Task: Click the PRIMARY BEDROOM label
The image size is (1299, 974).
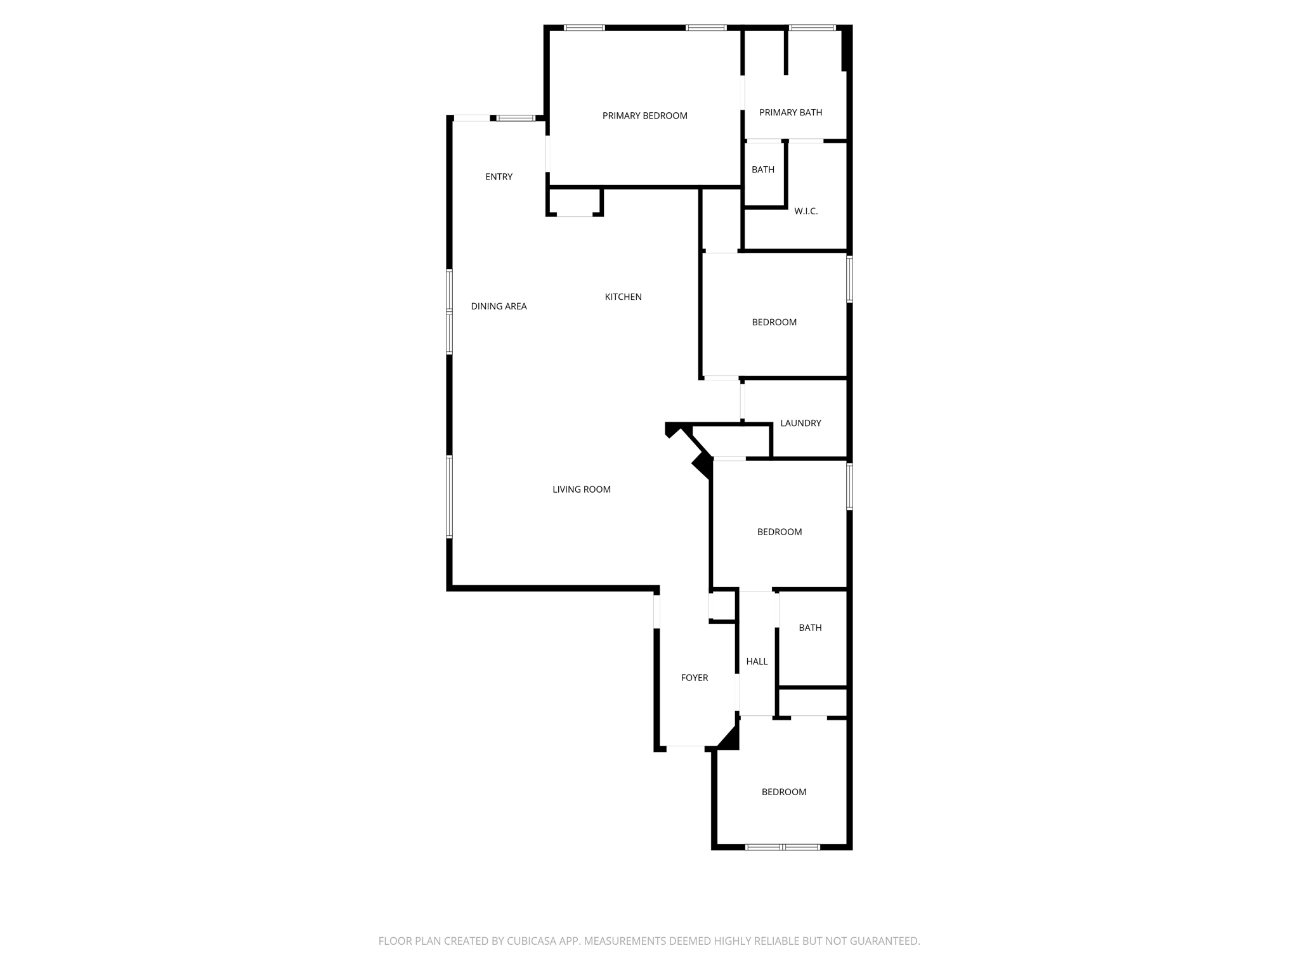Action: click(644, 115)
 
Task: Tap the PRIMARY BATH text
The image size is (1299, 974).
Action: click(790, 112)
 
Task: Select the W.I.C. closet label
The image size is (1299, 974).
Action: click(806, 211)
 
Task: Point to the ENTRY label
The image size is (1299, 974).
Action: click(499, 177)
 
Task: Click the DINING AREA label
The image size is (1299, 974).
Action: click(499, 306)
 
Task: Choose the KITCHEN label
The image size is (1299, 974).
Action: click(623, 297)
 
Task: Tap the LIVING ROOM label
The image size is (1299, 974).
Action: click(581, 490)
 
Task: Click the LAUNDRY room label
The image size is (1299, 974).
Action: click(800, 423)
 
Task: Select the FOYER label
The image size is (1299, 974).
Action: click(694, 678)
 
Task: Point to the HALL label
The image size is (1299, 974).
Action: click(757, 661)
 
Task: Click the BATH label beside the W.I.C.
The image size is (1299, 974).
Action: click(762, 169)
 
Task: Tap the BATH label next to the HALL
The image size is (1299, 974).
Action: click(810, 628)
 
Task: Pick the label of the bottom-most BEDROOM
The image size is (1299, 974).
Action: click(784, 792)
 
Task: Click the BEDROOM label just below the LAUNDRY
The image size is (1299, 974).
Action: click(780, 532)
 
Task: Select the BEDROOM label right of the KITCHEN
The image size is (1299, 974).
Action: click(774, 322)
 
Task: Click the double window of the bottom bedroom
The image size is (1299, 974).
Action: click(783, 847)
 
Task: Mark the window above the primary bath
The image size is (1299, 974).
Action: click(812, 27)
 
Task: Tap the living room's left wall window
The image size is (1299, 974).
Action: click(449, 497)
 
